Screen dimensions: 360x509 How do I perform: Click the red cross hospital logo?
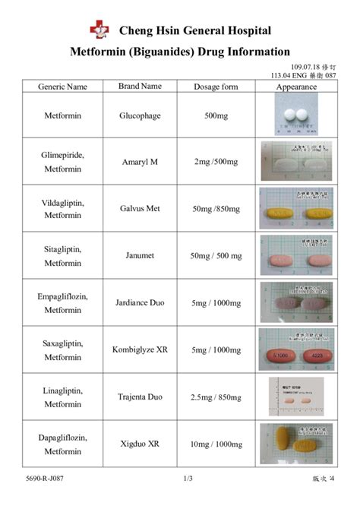[99, 30]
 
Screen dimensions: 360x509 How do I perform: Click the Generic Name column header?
[63, 87]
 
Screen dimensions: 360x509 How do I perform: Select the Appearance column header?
[296, 87]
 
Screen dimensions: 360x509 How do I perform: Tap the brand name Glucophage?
[140, 115]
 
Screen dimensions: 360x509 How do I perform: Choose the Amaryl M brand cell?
[140, 162]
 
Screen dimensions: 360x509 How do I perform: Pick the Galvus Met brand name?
[140, 209]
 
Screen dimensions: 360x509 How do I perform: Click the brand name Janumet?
[140, 255]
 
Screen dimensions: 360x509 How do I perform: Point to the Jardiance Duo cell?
[140, 303]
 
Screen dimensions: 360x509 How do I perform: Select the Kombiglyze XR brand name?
[140, 350]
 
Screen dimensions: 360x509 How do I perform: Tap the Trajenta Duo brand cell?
[140, 397]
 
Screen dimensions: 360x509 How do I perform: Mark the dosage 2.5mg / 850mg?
[216, 397]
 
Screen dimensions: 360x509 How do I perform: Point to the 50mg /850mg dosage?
[216, 209]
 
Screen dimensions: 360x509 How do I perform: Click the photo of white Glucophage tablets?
[296, 115]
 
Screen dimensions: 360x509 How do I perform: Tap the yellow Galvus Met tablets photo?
[296, 209]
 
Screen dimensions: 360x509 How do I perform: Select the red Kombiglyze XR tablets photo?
[296, 350]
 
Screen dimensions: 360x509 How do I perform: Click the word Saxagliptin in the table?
[63, 343]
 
